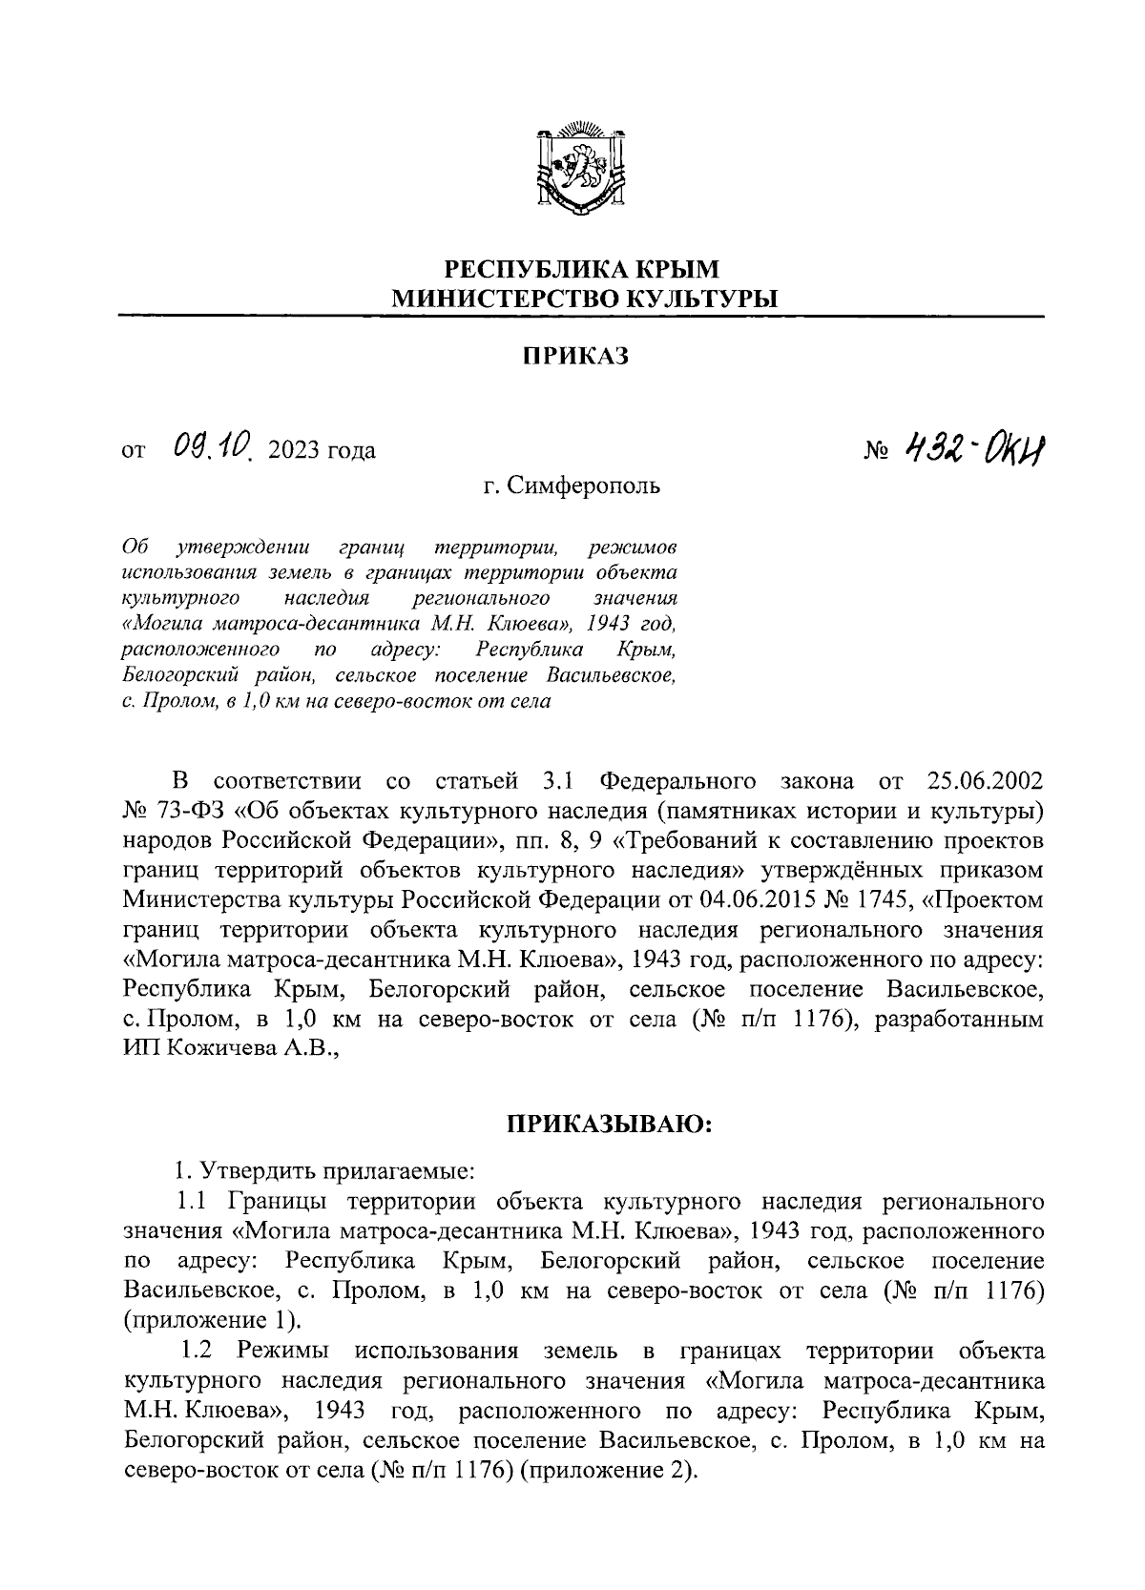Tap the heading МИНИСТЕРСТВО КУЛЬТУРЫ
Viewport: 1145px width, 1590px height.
pos(586,299)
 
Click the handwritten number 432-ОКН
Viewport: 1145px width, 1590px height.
pos(972,447)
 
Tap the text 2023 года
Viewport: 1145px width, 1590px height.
pos(323,450)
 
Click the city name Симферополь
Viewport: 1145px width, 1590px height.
pos(583,486)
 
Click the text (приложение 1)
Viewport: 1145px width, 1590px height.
pos(211,1321)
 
